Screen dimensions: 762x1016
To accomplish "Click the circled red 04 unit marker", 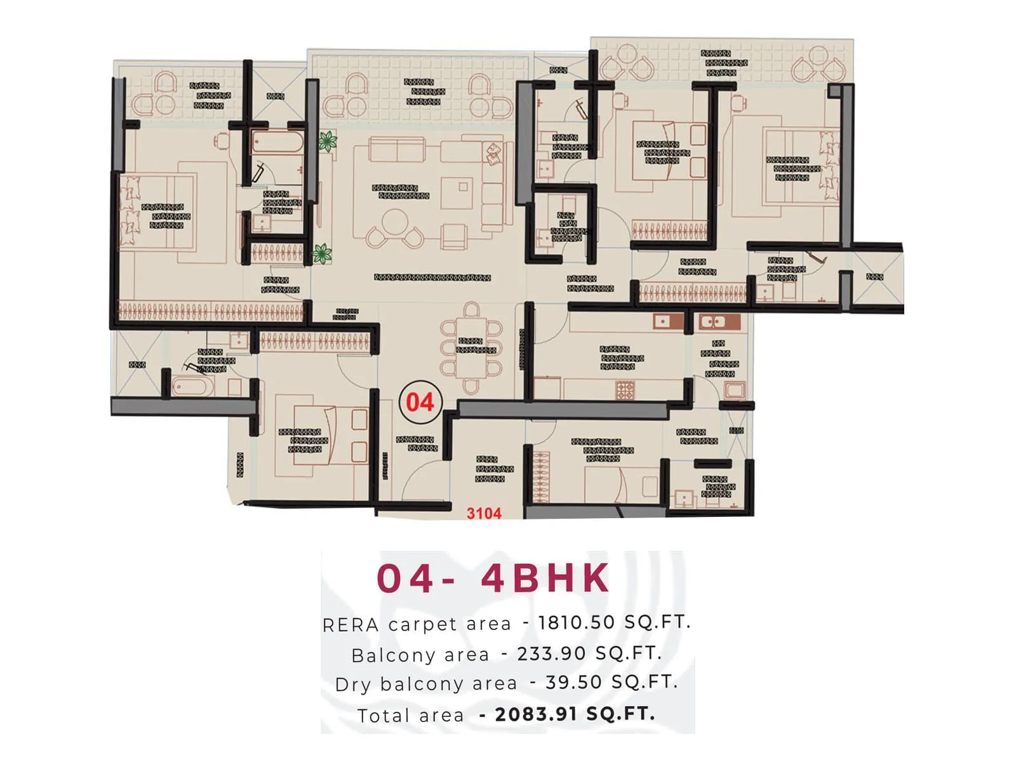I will [419, 402].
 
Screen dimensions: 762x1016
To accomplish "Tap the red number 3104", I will [484, 513].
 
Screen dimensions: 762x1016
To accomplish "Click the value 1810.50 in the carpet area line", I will [577, 622].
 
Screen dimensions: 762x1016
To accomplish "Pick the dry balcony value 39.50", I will [573, 683].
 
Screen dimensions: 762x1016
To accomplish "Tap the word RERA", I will [351, 625].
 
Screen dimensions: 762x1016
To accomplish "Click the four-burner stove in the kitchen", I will [625, 389].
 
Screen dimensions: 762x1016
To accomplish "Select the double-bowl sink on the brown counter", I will [712, 322].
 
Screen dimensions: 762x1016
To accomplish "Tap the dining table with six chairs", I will [472, 348].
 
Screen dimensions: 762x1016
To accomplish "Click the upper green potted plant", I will [328, 141].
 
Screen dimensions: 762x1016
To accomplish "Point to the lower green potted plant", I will [322, 254].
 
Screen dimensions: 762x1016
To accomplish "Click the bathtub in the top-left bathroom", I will [277, 142].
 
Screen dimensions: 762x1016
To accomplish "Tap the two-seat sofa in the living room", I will [397, 151].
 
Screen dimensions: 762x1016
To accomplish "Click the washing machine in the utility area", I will [735, 389].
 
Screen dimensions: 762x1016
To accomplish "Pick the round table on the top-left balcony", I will [166, 105].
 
